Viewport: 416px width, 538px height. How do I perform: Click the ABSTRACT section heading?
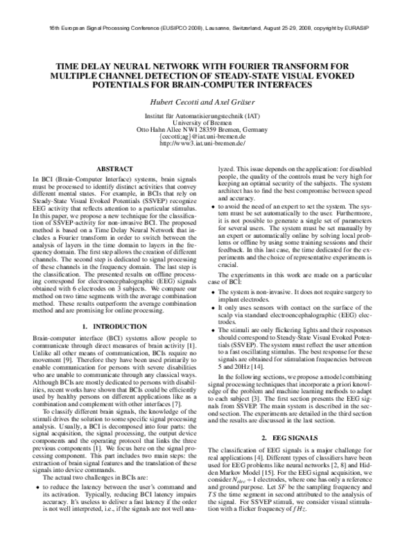point(114,168)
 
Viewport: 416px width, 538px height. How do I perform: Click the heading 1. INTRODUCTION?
point(114,325)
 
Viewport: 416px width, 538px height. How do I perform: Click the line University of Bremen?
point(207,123)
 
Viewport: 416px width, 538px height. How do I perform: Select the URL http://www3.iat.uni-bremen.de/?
point(207,144)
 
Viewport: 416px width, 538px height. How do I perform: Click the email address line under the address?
point(207,137)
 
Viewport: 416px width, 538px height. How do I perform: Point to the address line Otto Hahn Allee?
point(207,130)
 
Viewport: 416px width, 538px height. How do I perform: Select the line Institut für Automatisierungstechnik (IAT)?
point(207,116)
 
